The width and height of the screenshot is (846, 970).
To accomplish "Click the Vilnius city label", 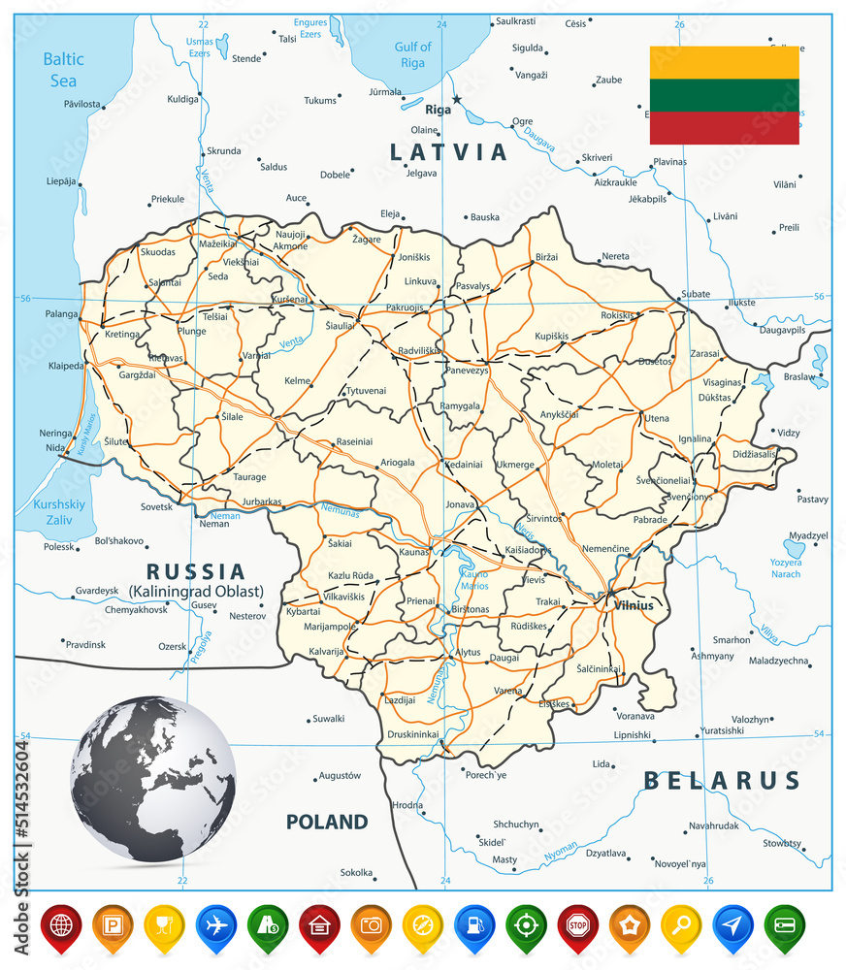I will point(634,605).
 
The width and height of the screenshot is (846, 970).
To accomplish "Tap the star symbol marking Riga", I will point(457,99).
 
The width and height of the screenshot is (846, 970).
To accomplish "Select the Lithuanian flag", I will point(724,95).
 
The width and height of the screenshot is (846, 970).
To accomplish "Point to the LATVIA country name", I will point(448,152).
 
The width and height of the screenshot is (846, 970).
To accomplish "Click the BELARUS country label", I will point(723,781).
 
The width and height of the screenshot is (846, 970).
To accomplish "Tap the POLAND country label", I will point(327,823).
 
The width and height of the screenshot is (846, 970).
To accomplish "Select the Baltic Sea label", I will point(63,70).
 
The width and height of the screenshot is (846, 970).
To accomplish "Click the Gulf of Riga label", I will point(412,54).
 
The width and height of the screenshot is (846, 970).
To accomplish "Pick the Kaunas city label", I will point(414,552).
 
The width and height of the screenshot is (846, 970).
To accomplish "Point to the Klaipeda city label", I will point(66,367).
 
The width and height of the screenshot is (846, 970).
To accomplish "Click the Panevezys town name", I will point(467,371).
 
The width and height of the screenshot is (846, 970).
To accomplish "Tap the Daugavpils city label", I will point(782,330).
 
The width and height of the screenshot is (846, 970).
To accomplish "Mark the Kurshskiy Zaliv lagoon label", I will point(59,512).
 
